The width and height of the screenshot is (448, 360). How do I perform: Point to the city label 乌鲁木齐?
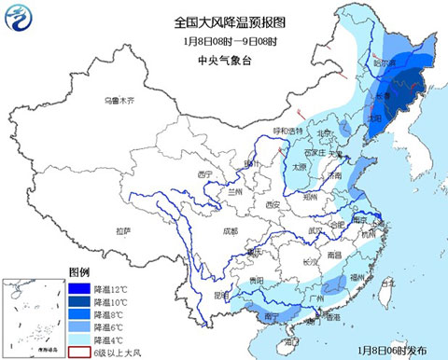(119, 100)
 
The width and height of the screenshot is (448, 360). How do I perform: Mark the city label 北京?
(320, 135)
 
